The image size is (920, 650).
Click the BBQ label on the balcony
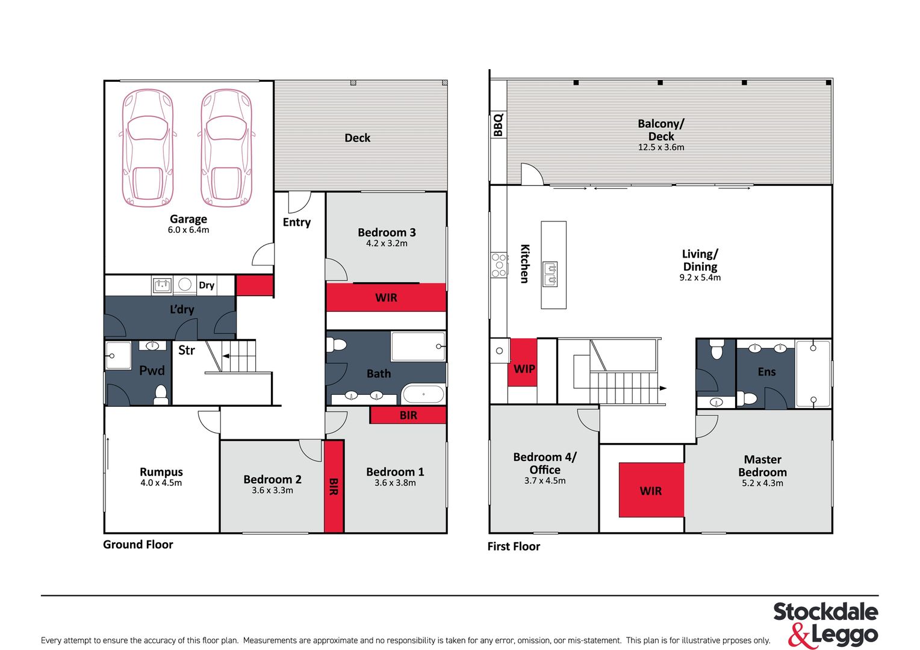[498, 125]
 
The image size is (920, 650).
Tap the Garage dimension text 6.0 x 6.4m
[188, 230]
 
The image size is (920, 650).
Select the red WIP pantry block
[523, 362]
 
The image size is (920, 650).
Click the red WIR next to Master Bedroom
[651, 490]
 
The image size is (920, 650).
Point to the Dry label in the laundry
[206, 285]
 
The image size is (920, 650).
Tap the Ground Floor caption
[138, 545]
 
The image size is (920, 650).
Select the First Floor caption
[514, 546]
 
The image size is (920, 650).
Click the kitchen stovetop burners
[499, 265]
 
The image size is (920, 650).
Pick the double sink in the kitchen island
[550, 274]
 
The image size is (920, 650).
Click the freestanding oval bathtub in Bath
[423, 394]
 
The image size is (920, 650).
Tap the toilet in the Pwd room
[161, 395]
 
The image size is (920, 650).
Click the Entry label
[297, 222]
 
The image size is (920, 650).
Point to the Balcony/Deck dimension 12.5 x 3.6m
[661, 147]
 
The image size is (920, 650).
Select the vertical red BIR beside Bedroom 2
[334, 486]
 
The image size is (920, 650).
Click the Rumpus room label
[161, 472]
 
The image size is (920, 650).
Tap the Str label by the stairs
[187, 350]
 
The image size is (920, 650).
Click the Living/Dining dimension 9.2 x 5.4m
[700, 277]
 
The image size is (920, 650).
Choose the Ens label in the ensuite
[766, 371]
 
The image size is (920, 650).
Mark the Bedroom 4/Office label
[545, 463]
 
